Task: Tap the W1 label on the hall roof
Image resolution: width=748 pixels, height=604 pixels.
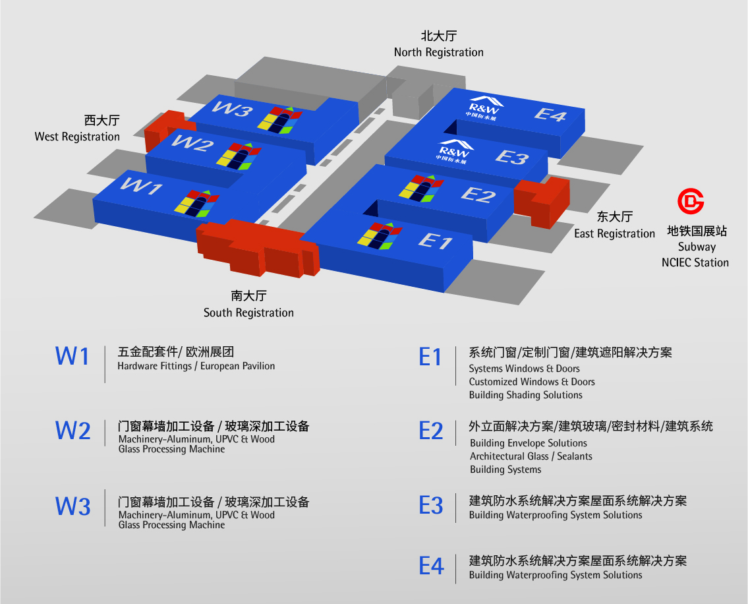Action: click(x=142, y=187)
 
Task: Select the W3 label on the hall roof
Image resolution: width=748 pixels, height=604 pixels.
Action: click(x=233, y=109)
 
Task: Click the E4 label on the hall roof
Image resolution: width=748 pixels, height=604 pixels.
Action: click(x=550, y=114)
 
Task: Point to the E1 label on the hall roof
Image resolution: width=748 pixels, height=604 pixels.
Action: click(x=436, y=241)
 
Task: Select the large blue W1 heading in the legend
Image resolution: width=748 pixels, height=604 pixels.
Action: click(x=72, y=356)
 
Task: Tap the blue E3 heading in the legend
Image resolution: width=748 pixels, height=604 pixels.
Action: click(x=431, y=505)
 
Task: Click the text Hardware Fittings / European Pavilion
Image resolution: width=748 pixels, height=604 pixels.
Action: click(x=196, y=366)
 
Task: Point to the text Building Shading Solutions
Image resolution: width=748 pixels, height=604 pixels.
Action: click(x=525, y=395)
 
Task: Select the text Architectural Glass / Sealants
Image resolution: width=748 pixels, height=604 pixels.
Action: click(x=531, y=456)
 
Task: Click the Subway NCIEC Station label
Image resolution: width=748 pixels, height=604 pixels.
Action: click(x=695, y=255)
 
